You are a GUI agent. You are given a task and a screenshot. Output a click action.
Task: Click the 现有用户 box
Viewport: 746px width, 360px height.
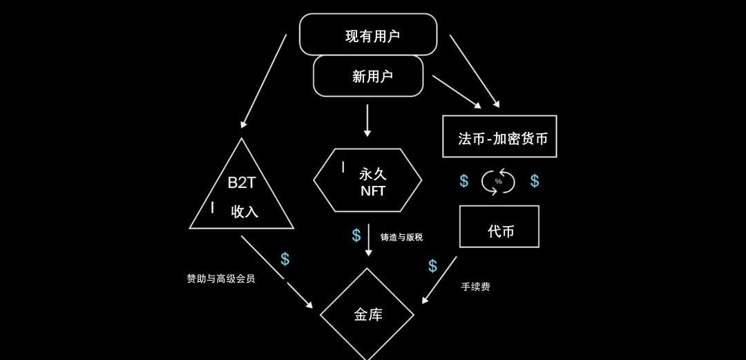point(368,35)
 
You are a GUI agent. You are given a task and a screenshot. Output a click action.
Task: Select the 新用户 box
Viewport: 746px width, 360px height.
point(368,76)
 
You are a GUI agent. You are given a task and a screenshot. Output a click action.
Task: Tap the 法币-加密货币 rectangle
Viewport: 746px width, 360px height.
point(499,137)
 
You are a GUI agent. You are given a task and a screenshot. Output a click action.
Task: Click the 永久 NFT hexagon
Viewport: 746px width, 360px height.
point(368,180)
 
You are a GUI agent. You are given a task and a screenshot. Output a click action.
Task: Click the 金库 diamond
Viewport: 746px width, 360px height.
point(367,314)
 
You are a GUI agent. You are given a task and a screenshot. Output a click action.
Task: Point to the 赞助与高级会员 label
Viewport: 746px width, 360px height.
point(220,278)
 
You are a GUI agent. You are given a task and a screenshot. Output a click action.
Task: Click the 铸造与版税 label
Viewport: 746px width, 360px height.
point(401,237)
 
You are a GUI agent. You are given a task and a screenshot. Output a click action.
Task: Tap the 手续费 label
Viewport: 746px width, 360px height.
point(475,286)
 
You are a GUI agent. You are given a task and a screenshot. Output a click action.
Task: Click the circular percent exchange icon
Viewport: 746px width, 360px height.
point(498,182)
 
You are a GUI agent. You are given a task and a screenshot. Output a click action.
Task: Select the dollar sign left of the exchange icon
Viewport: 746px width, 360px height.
point(464,181)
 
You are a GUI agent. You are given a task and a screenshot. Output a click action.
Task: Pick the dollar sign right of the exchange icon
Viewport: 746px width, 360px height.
point(535,181)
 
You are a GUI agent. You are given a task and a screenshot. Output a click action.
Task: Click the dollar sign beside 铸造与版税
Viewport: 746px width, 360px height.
point(356,236)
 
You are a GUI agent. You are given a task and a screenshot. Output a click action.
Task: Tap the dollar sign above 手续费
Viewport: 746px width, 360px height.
point(432,266)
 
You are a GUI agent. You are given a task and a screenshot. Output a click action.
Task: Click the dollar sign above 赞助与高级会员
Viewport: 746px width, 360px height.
point(285,260)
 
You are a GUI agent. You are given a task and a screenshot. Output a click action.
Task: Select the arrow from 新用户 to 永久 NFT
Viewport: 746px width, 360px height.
point(367,120)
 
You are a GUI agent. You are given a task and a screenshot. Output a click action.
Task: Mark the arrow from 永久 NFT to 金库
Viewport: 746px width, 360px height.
point(369,240)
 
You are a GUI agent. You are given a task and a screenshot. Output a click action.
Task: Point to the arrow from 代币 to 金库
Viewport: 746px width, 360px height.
point(439,280)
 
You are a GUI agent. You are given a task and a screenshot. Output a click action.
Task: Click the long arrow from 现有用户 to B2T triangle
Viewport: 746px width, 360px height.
point(264,82)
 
